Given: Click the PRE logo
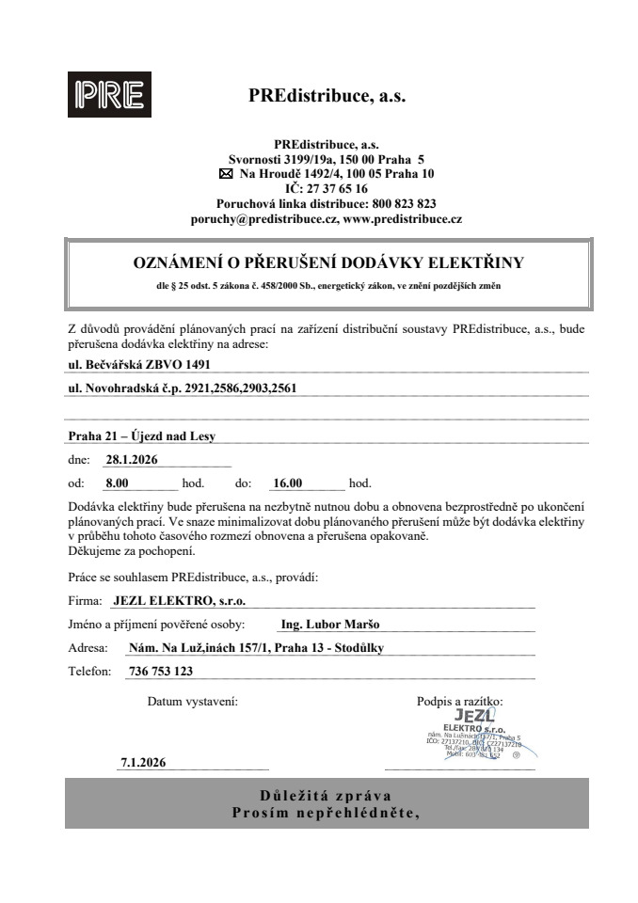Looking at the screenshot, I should [104, 95].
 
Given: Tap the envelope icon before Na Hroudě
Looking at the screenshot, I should [225, 174].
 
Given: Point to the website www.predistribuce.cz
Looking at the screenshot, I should [402, 218].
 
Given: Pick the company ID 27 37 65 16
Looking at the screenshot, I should [333, 188].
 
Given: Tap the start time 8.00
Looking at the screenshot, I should [117, 483].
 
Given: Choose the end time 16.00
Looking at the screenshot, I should [286, 483].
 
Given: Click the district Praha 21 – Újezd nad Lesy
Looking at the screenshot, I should [148, 436].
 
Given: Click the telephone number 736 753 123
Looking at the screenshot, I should [157, 672].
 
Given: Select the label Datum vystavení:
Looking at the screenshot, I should [193, 701].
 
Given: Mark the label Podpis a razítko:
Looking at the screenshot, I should [460, 701].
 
